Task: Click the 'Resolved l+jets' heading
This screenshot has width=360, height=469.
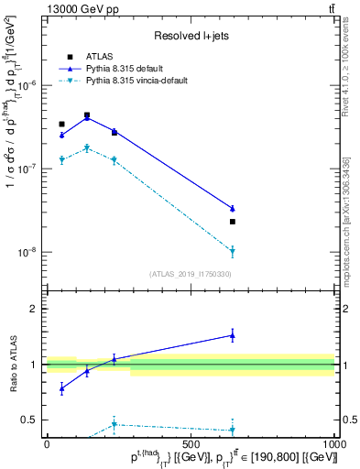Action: tap(190, 36)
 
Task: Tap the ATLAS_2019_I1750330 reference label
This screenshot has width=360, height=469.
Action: tap(190, 274)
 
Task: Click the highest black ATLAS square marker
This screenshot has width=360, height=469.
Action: tap(87, 115)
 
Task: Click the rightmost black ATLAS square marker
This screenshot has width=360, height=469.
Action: tap(233, 222)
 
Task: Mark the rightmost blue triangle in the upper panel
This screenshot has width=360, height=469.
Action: tap(233, 209)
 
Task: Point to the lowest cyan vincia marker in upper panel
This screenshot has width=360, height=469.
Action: tap(233, 250)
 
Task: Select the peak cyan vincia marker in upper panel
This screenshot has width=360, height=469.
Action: tap(87, 147)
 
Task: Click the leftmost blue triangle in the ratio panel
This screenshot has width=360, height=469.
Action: tap(61, 388)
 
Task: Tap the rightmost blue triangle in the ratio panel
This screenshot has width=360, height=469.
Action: tap(233, 335)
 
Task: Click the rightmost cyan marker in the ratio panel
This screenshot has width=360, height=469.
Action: tap(233, 430)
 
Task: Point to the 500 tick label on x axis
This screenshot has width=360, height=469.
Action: tap(191, 443)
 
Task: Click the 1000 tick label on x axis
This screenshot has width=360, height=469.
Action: tap(334, 443)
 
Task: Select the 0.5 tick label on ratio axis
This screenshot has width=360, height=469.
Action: tap(30, 420)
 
